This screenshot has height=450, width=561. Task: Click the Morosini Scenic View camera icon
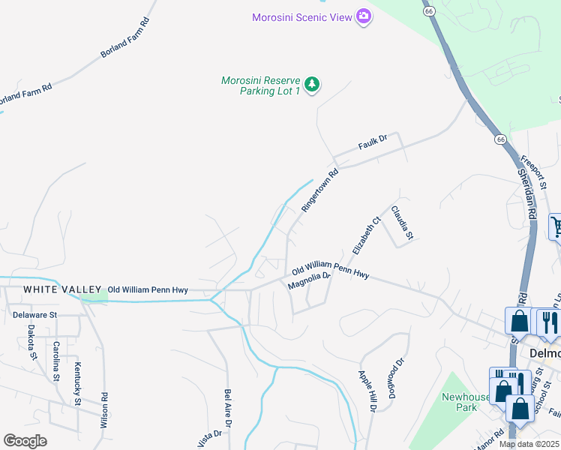click(364, 16)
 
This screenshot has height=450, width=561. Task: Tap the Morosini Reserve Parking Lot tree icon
click(311, 85)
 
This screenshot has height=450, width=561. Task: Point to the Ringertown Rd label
click(319, 190)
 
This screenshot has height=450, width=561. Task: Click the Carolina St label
click(56, 361)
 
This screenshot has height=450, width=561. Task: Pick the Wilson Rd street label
click(104, 409)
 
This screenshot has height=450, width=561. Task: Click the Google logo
click(25, 441)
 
